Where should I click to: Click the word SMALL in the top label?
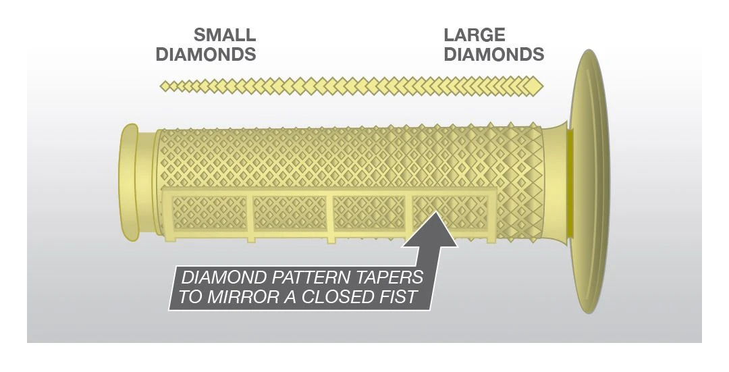(225, 35)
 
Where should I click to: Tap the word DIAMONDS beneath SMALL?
(206, 55)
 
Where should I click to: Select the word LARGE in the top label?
(475, 35)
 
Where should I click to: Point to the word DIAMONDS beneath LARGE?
(494, 55)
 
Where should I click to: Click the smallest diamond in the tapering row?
(164, 86)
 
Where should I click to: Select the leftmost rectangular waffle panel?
(208, 213)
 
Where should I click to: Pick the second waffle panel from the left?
(290, 213)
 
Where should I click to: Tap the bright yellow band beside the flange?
(570, 183)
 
